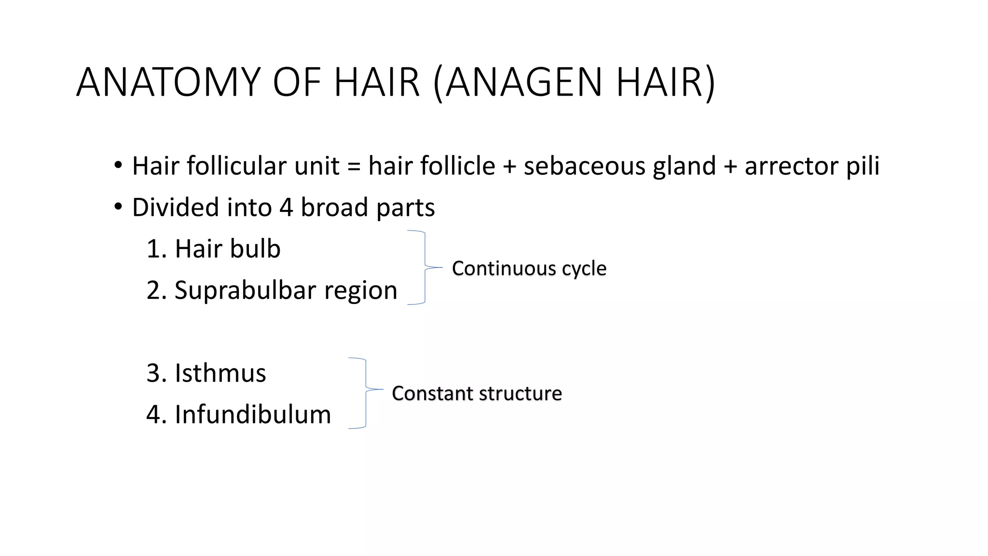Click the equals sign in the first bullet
[354, 167]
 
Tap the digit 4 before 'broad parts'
[286, 208]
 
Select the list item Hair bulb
[227, 249]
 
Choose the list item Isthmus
[220, 373]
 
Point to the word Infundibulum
[253, 415]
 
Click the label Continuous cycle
[529, 268]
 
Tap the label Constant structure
[477, 393]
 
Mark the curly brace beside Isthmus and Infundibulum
[365, 393]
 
